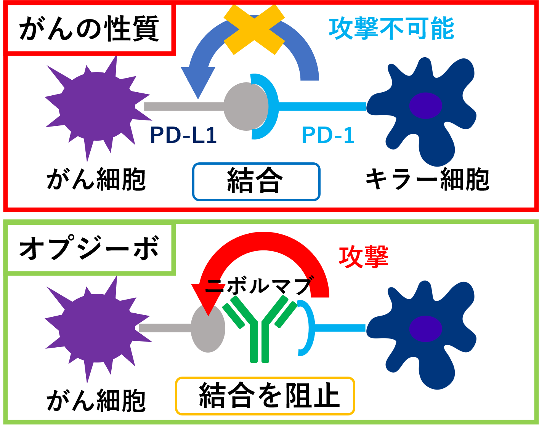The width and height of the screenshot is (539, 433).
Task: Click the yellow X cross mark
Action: [x=254, y=30]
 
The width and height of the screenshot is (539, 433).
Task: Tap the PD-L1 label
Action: [x=183, y=135]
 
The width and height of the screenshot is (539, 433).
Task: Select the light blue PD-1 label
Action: [x=328, y=135]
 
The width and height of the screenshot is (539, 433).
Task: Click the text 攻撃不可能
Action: [x=391, y=28]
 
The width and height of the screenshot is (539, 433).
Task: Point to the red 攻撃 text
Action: [x=363, y=257]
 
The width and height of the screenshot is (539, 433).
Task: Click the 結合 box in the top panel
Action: [x=256, y=181]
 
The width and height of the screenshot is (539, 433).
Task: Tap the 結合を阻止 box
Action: [x=265, y=396]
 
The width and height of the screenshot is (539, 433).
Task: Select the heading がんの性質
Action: [x=89, y=29]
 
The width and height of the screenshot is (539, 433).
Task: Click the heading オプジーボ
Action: [x=89, y=248]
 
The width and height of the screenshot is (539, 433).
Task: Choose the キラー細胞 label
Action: [x=427, y=180]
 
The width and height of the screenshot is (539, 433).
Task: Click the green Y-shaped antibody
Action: [x=260, y=329]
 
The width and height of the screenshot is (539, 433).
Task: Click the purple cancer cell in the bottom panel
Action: [x=98, y=329]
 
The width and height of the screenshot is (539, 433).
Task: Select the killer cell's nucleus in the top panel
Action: [x=425, y=106]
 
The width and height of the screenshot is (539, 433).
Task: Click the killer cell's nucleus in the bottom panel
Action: [x=425, y=329]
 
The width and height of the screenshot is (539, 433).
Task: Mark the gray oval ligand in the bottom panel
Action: [x=208, y=329]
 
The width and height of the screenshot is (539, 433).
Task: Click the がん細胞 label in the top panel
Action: [x=96, y=180]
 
